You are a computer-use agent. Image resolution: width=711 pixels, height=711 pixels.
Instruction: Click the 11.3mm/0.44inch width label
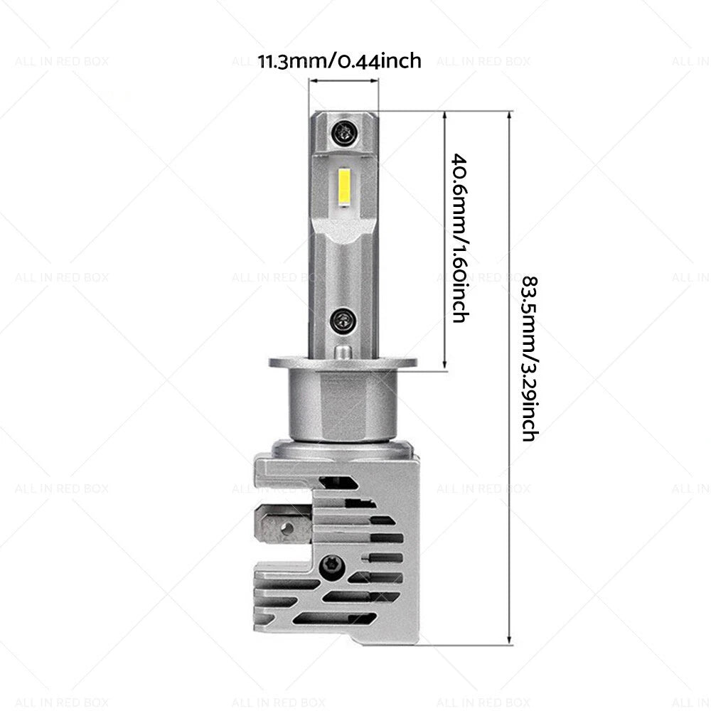click(x=339, y=60)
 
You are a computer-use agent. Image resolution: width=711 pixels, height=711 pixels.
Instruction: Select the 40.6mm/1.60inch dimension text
click(x=459, y=238)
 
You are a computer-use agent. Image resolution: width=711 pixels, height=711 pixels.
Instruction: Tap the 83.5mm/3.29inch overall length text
click(x=530, y=358)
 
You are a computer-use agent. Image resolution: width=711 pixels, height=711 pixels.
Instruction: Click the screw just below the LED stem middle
click(x=343, y=321)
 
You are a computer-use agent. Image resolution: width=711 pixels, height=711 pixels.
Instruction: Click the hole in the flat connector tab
click(x=287, y=528)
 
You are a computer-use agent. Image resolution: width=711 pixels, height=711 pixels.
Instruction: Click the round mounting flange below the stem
click(x=343, y=363)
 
